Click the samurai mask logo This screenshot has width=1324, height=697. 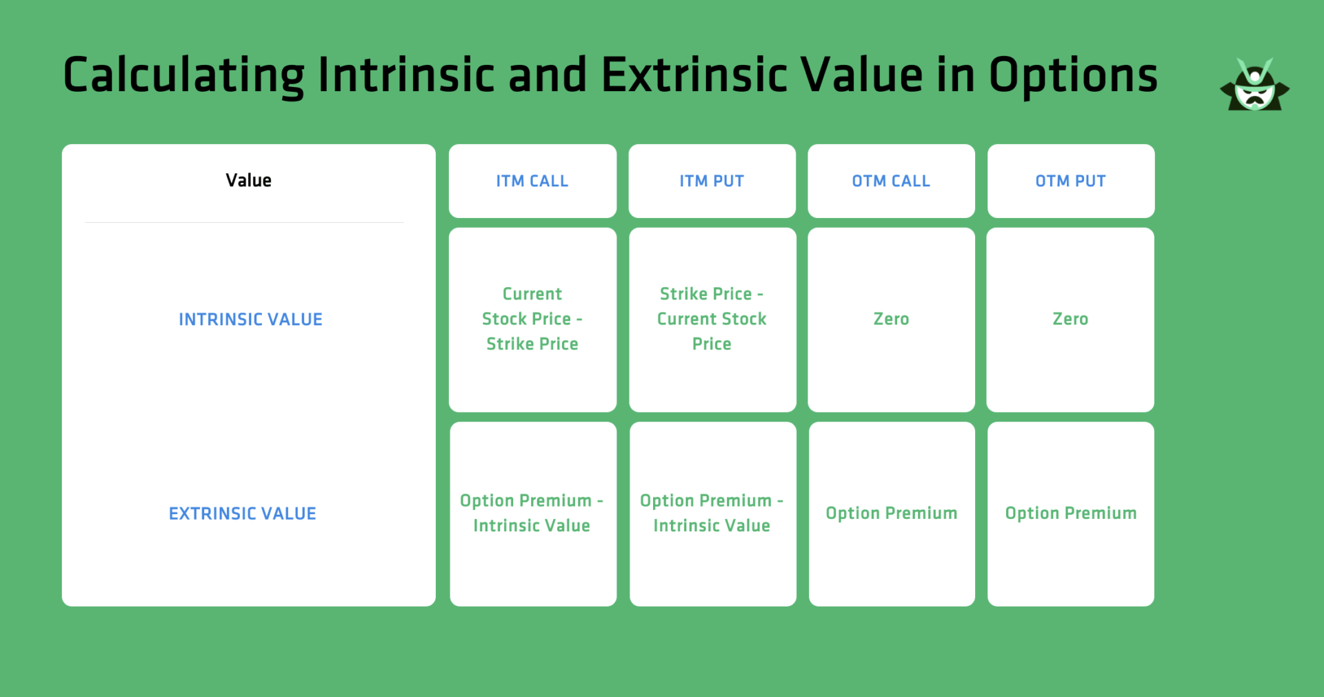coord(1254,86)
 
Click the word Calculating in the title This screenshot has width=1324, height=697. coord(183,75)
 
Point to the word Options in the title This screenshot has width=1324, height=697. coord(1073,75)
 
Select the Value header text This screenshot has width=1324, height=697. coord(248,181)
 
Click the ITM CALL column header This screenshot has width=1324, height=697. coord(532,181)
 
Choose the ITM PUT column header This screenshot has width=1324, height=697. coord(712,181)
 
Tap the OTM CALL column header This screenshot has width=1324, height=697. coord(891,181)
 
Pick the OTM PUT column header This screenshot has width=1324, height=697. coord(1070,181)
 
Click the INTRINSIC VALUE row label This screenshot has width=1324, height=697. coord(250,320)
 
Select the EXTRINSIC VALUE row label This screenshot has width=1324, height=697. coord(243,513)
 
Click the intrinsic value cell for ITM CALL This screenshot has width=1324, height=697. coord(532,319)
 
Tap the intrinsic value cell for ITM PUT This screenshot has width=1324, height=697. coord(712,319)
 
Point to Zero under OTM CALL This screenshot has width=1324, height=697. coord(891,319)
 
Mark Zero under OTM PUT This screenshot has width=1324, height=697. coord(1070,319)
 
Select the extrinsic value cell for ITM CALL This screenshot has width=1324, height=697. coord(532,513)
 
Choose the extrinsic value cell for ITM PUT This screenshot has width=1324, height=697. coord(712,513)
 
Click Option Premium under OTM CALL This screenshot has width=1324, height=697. coord(891,513)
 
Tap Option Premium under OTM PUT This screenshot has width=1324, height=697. coord(1070,513)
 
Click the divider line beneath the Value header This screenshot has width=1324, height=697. coord(245,222)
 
